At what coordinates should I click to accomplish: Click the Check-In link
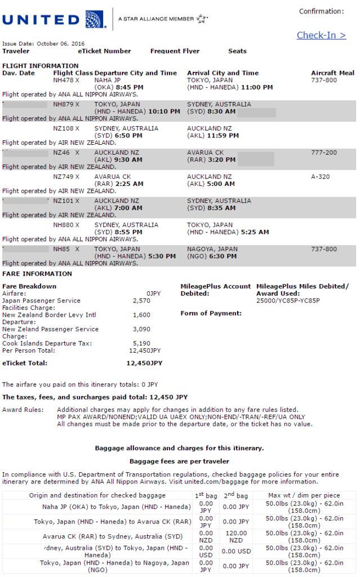click(321, 35)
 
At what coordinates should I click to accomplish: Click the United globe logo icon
click(95, 20)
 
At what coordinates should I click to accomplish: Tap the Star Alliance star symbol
click(202, 19)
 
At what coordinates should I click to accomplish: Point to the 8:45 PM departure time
click(130, 87)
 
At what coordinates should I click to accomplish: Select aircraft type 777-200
click(324, 153)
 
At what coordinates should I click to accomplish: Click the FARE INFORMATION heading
click(37, 274)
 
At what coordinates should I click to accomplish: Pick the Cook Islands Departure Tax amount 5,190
click(141, 343)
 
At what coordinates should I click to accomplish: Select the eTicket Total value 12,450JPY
click(144, 363)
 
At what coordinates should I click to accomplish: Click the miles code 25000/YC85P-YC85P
click(288, 301)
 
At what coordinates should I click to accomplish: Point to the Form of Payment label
click(211, 313)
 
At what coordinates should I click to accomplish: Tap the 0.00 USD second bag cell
click(235, 551)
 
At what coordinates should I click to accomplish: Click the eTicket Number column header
click(104, 51)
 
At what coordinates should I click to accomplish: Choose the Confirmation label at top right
click(321, 11)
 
